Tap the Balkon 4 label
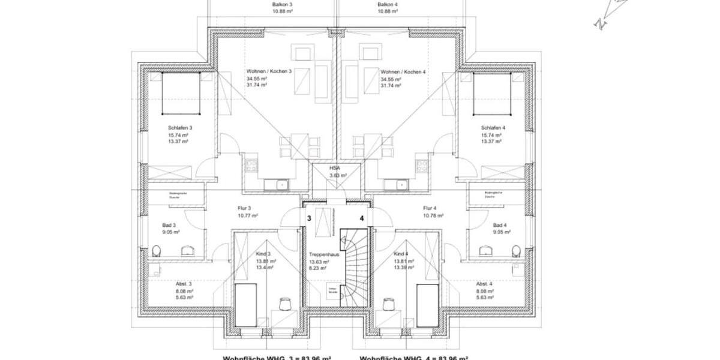pos(388,4)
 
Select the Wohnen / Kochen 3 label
pos(268,71)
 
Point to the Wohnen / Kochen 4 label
pos(403,71)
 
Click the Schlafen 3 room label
pos(180,128)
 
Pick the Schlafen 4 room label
pos(493,128)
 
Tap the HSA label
pos(335,168)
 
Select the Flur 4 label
pos(430,208)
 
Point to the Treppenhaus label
pos(325,254)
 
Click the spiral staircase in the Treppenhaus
pos(353,267)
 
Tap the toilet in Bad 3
pos(157,250)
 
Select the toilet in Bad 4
pos(515,250)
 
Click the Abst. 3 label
pos(184,283)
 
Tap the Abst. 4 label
pos(484,283)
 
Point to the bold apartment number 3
pos(309,219)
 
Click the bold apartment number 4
pos(362,219)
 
